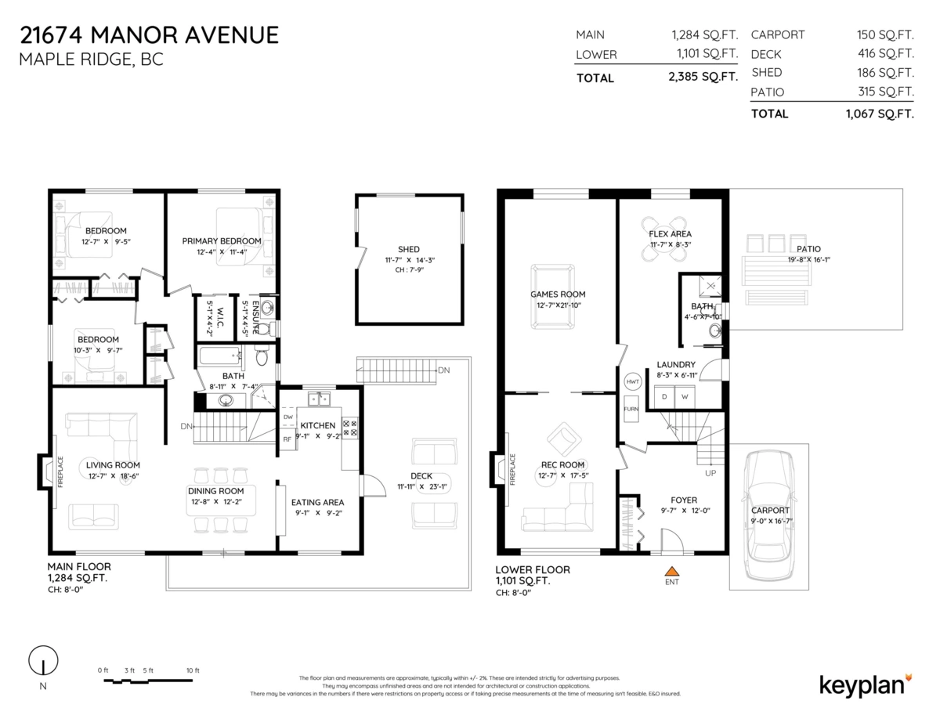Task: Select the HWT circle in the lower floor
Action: [633, 381]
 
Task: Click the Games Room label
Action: [558, 294]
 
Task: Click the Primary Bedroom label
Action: [222, 241]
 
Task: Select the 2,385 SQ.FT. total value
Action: [704, 78]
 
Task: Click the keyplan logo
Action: [865, 684]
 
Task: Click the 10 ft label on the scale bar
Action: [193, 670]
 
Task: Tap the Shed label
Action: [408, 249]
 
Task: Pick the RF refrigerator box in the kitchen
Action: [287, 439]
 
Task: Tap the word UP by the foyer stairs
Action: [710, 474]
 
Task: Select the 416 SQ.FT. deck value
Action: [886, 54]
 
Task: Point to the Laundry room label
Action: [675, 364]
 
